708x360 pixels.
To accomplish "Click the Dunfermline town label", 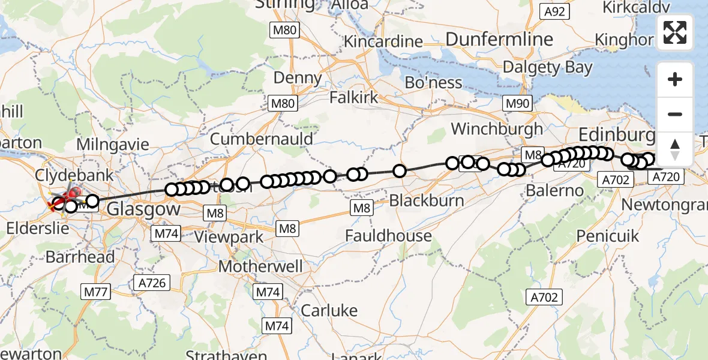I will tap(500, 40).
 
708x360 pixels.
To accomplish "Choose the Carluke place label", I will tap(329, 310).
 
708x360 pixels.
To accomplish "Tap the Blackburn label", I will tap(427, 200).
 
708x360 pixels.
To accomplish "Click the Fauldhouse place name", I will tap(388, 236).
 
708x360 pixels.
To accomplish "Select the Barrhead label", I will tap(80, 257).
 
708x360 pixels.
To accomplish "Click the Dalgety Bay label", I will tap(547, 67).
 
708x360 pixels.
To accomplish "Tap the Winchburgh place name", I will tap(497, 128).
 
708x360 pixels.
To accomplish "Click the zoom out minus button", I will tap(675, 114).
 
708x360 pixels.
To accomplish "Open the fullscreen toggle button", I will tap(675, 32).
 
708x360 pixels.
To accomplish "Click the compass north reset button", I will tap(675, 149).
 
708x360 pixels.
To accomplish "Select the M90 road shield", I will tap(517, 103).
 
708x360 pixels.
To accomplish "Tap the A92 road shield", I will tap(553, 11).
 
